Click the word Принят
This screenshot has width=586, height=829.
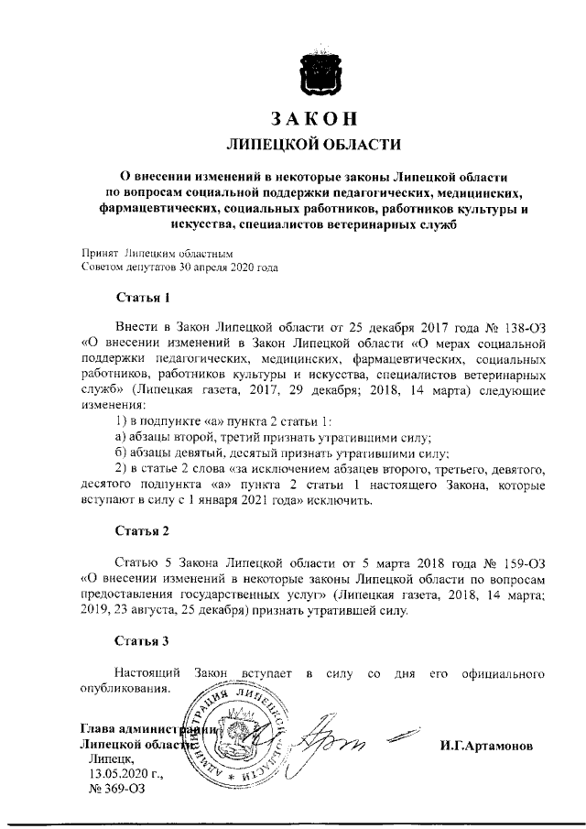tap(98, 254)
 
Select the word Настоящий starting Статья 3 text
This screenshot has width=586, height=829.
tap(146, 673)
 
